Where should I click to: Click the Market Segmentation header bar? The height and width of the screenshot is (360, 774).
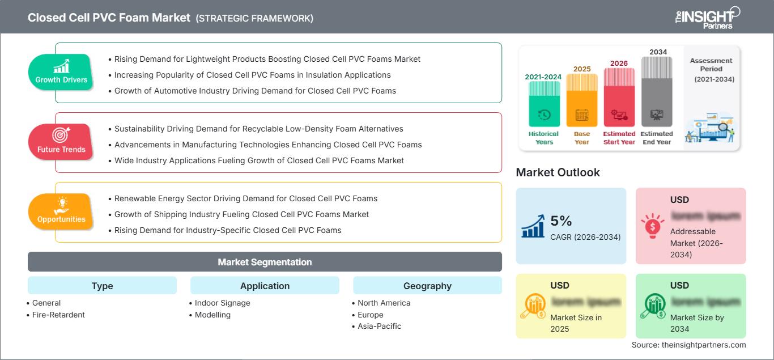click(265, 262)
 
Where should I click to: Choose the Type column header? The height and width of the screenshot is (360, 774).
click(102, 286)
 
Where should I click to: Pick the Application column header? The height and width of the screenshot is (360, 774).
click(265, 286)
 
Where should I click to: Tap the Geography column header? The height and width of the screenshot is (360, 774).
click(427, 286)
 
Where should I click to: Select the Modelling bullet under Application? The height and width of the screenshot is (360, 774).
click(212, 315)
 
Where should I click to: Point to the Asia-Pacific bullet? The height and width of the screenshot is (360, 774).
click(379, 326)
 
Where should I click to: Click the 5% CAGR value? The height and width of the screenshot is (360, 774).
click(561, 221)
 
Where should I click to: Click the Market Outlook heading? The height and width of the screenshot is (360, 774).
click(558, 172)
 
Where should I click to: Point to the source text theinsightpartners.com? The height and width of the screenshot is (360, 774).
click(688, 345)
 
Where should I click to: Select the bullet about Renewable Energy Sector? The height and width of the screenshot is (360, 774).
click(245, 198)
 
